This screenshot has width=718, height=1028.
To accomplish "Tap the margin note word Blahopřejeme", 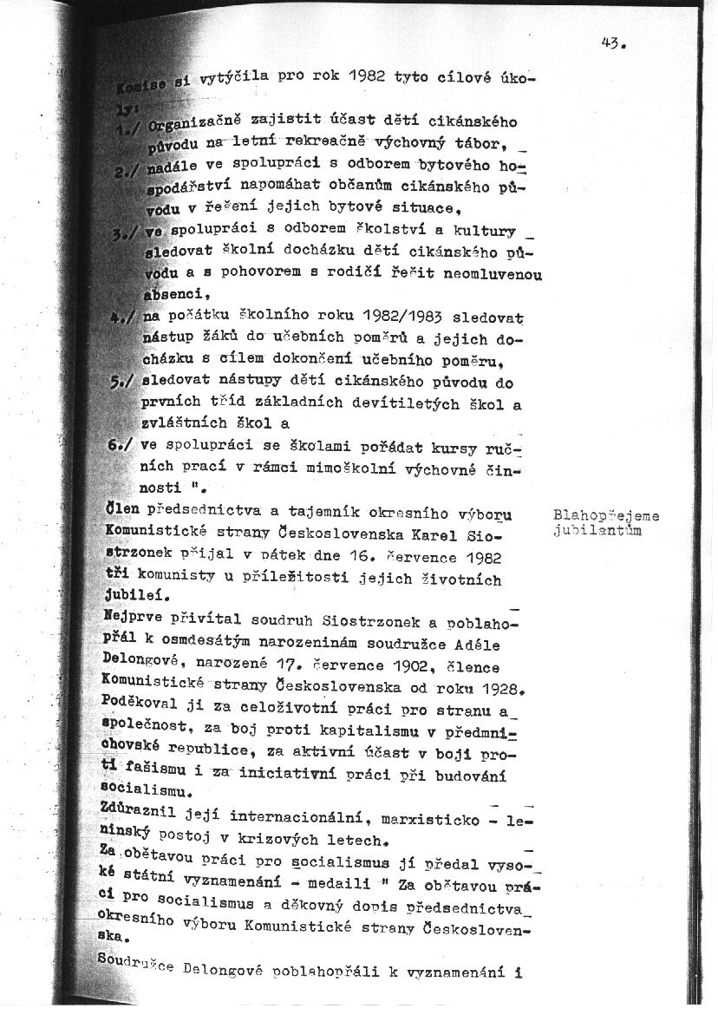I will (605, 516).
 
